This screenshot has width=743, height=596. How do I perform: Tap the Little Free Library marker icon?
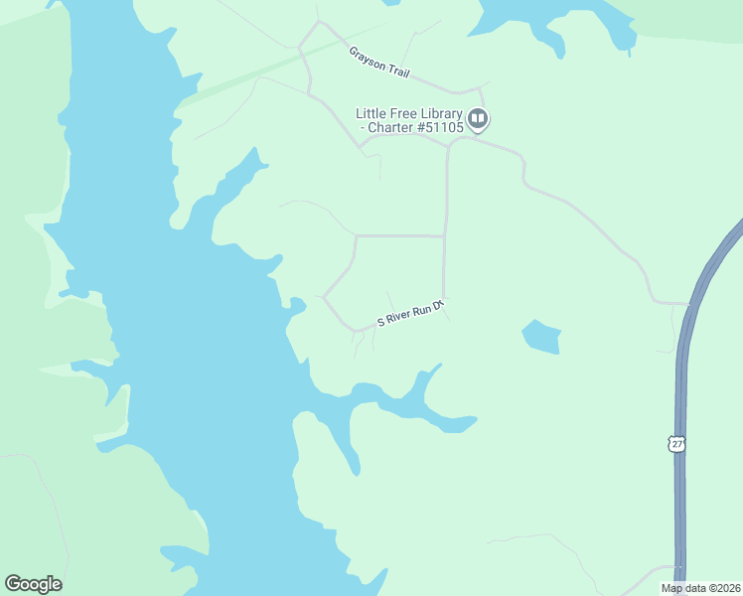[x=478, y=120]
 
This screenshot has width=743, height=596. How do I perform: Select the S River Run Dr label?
[x=407, y=313]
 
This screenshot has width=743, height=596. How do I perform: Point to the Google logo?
[x=33, y=584]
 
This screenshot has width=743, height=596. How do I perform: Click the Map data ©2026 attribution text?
[x=700, y=588]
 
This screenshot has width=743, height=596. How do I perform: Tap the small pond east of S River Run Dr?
[x=541, y=337]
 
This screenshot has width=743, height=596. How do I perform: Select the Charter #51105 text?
[x=414, y=127]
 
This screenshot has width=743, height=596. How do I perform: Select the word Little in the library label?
[x=371, y=112]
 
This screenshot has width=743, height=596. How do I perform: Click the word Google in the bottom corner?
[x=33, y=584]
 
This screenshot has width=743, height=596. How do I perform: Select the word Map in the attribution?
[x=671, y=588]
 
